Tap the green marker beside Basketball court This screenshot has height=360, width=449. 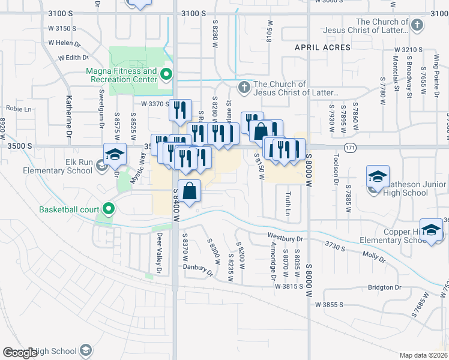click(109, 209)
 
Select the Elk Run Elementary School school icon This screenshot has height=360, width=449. click(115, 155)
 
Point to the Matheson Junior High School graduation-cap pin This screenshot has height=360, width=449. click(378, 176)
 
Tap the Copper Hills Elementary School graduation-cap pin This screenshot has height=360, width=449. click(432, 229)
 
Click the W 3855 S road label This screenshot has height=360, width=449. click(329, 304)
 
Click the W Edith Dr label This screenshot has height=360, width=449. click(73, 58)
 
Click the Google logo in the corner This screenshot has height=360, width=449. click(20, 353)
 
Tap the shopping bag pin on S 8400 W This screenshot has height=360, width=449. click(189, 191)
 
